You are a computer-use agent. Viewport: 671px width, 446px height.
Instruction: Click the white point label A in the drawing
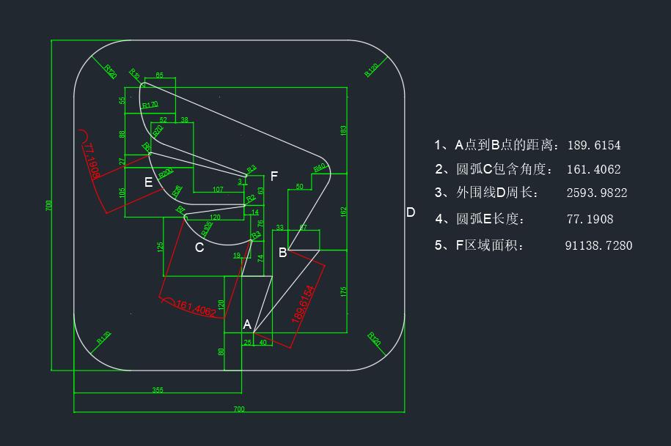coord(247,324)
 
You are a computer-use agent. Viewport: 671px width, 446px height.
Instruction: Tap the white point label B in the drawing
coord(283,253)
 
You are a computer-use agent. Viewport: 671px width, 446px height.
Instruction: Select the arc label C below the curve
coord(199,248)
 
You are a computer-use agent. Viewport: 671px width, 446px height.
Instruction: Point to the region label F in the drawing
coord(274,176)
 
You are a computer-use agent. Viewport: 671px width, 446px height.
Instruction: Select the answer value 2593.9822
coord(597,193)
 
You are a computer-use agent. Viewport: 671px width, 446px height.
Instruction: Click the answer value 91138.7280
coord(598,245)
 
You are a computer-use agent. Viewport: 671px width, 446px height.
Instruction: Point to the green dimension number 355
coord(158,390)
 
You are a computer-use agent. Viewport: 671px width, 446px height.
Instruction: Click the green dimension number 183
coord(344,130)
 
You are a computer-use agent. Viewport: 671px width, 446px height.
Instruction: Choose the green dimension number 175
coord(344,291)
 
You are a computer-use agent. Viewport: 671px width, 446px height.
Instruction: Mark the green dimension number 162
coord(344,211)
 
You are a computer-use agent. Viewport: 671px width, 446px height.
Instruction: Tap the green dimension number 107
coord(218,190)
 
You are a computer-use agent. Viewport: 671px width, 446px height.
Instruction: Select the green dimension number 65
coord(160,75)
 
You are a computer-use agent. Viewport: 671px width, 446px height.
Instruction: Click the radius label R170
coord(150,105)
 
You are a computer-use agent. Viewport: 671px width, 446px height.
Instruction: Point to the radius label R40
coord(320,168)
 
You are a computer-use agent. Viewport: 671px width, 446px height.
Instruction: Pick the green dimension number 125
coord(160,247)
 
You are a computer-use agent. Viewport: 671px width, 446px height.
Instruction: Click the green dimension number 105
coord(122,193)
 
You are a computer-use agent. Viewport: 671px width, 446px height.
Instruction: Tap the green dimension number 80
coord(221,352)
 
